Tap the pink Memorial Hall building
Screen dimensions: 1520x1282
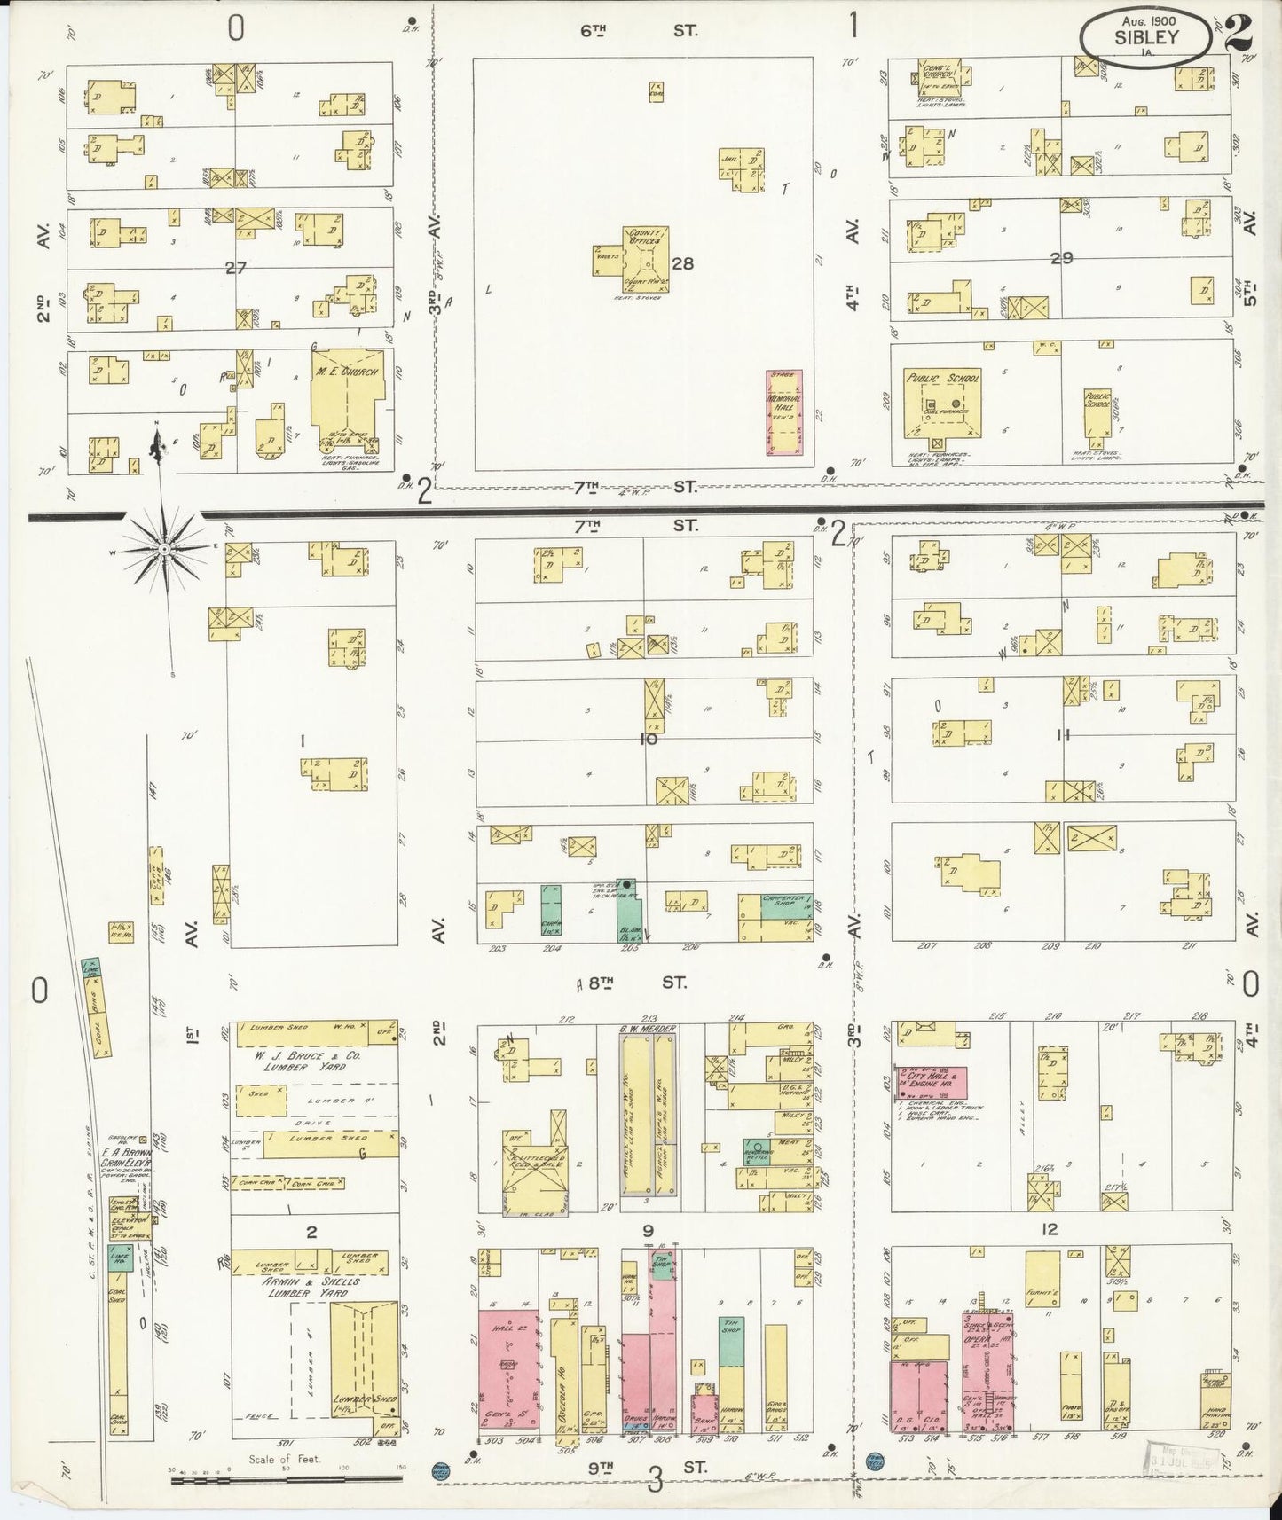(x=783, y=412)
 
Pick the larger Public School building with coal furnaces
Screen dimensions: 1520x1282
(x=942, y=403)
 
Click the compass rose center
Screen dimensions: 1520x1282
(x=165, y=549)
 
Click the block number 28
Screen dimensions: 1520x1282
(x=682, y=263)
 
